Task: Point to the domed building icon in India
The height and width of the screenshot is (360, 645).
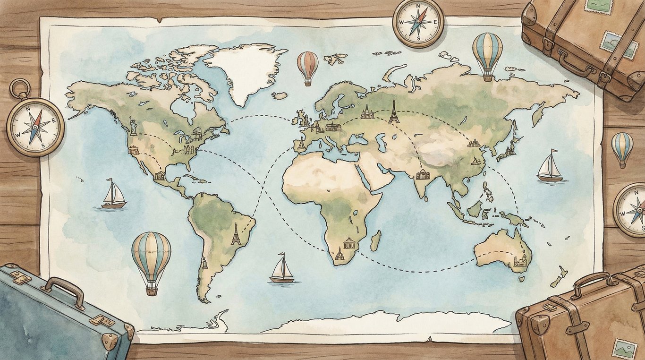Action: pos(423,175)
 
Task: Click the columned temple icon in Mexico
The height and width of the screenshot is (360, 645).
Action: pos(160,176)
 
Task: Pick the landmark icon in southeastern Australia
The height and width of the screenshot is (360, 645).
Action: pos(520,260)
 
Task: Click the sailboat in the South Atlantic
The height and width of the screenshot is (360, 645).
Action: pos(282,269)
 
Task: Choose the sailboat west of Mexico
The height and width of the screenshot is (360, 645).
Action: pos(114,195)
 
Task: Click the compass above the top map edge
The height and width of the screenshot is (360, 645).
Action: pos(418,22)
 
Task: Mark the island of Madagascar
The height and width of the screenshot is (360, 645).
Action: pos(376,240)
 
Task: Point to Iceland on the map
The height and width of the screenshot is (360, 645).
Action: pos(280,96)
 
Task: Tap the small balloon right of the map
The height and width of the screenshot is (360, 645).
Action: pos(622,147)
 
